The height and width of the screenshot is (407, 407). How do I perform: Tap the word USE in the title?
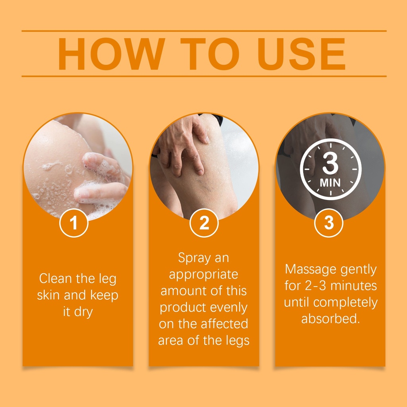tap(301, 54)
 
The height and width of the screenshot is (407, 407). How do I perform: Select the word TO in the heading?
tap(210, 54)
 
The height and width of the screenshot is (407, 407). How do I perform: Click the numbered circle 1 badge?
tap(74, 223)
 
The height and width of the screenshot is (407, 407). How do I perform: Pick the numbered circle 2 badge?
tap(204, 223)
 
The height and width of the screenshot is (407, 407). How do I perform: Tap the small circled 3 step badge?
tap(329, 223)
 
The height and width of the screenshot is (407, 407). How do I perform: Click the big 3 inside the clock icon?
tap(330, 163)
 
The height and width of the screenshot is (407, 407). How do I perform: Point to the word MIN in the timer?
tap(330, 183)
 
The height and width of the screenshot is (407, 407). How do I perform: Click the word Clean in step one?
tap(55, 279)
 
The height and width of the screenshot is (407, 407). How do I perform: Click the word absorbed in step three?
tap(330, 318)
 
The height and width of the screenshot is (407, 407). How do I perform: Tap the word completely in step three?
tap(345, 303)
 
